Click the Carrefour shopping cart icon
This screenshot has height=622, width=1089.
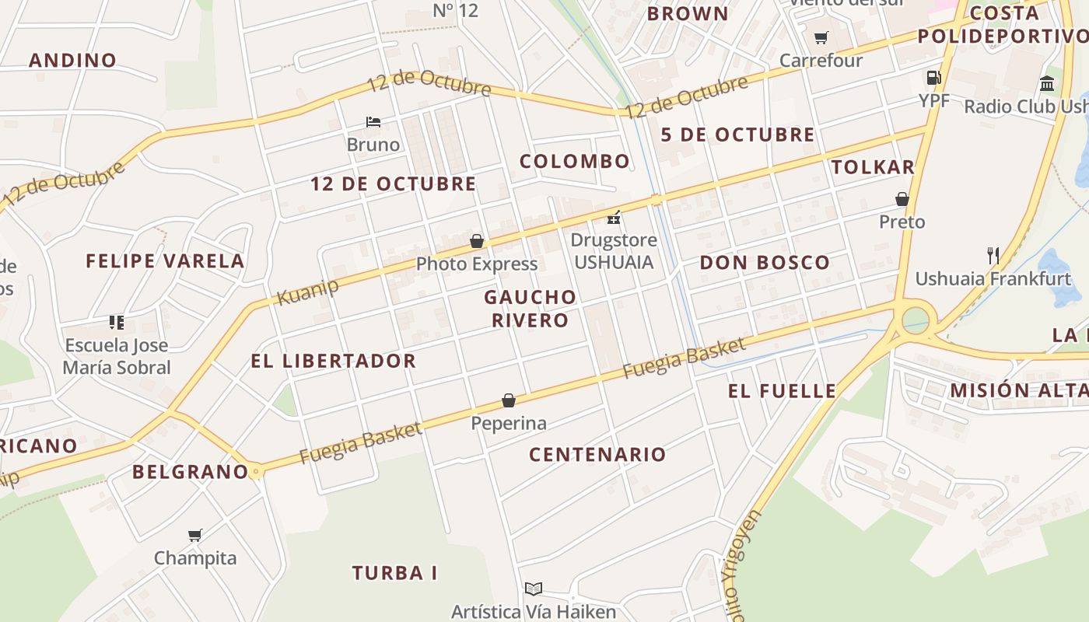click(x=821, y=37)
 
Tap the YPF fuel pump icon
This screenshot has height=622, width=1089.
click(x=933, y=78)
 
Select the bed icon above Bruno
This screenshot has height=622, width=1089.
click(x=373, y=122)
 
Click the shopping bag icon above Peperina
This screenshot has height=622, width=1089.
click(x=509, y=400)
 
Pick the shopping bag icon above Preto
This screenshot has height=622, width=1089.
click(x=902, y=199)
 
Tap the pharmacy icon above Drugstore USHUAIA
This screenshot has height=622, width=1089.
click(x=614, y=217)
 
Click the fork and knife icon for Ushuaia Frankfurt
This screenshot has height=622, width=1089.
click(x=993, y=255)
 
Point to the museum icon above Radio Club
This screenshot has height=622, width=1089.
click(x=1047, y=83)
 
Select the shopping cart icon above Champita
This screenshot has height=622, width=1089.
click(x=194, y=535)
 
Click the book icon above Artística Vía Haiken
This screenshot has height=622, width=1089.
click(x=533, y=589)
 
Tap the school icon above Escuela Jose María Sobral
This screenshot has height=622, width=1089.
click(x=117, y=322)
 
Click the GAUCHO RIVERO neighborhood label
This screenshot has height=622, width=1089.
click(x=530, y=308)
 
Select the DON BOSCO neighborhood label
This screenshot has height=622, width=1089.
click(x=765, y=263)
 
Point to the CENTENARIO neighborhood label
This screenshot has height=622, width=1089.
click(x=597, y=455)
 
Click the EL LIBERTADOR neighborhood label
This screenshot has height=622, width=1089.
click(x=333, y=361)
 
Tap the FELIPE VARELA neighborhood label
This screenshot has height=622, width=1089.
click(x=165, y=261)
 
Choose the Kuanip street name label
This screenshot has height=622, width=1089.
click(x=308, y=292)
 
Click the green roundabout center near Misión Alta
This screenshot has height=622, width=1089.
click(x=916, y=319)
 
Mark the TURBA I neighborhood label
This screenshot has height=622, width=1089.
click(x=394, y=574)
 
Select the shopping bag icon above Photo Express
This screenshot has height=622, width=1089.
click(x=477, y=242)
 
